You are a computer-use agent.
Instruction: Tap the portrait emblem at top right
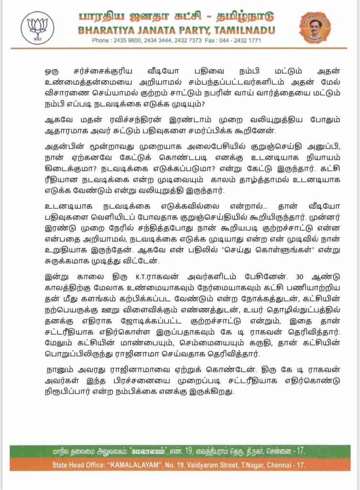(x=315, y=27)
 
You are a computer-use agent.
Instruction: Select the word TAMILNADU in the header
(x=243, y=31)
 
